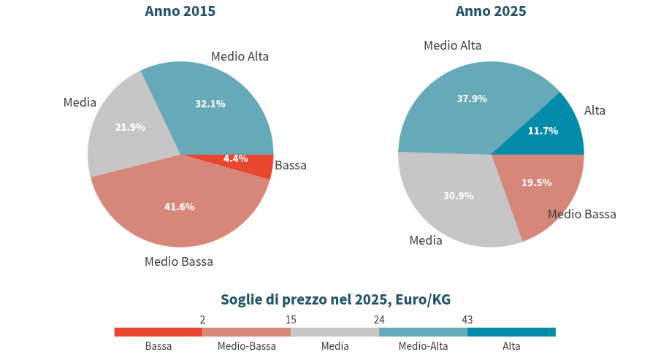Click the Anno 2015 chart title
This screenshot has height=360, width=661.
(x=180, y=11)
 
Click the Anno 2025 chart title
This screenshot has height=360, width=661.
(x=491, y=11)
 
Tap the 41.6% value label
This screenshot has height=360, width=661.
(x=179, y=207)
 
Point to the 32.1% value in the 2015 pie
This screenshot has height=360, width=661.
(x=210, y=104)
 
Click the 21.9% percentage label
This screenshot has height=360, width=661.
(x=130, y=127)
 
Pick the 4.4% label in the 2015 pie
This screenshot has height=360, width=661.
(x=235, y=158)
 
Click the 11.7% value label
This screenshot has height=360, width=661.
(x=543, y=131)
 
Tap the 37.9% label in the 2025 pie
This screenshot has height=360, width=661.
(x=471, y=99)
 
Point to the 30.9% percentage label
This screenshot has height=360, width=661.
(x=458, y=196)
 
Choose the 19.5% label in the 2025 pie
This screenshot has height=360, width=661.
(x=536, y=183)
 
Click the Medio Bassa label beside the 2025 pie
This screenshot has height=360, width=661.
(x=582, y=214)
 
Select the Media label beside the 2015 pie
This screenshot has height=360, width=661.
(x=80, y=102)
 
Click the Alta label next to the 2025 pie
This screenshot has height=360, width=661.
(x=595, y=110)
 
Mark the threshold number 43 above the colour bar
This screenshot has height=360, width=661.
(x=467, y=319)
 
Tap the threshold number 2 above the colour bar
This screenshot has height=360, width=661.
(x=202, y=319)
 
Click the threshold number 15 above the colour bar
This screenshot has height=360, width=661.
(x=291, y=319)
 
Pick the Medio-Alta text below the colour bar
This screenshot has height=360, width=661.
(x=423, y=346)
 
